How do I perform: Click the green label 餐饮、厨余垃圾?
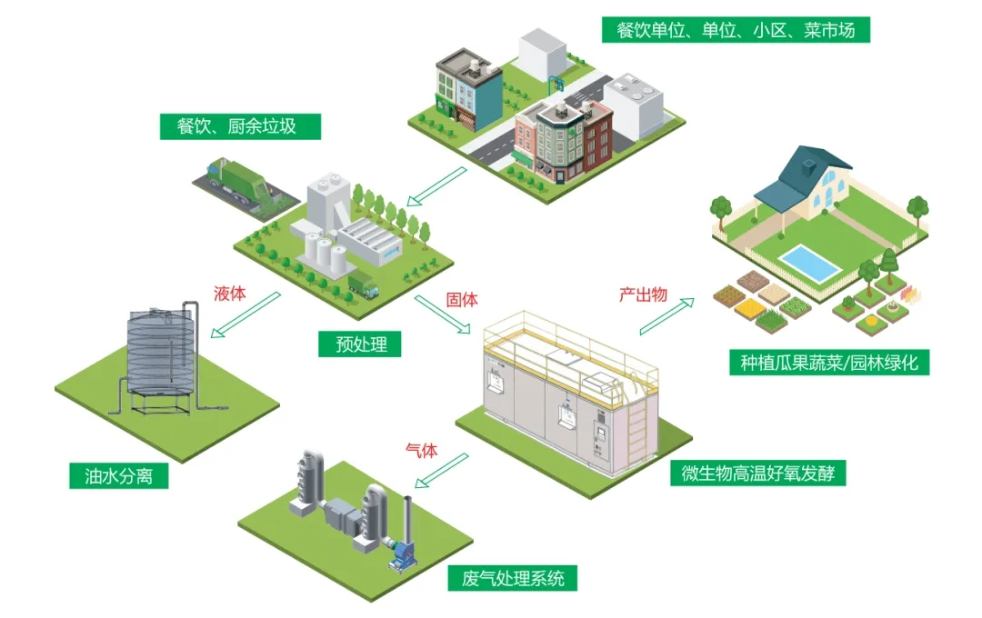pyautogui.click(x=240, y=125)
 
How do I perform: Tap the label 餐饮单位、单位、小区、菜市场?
pyautogui.click(x=736, y=29)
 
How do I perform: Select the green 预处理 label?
pyautogui.click(x=360, y=344)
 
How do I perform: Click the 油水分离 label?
pyautogui.click(x=119, y=475)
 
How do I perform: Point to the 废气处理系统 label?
pyautogui.click(x=513, y=577)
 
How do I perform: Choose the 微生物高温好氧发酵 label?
pyautogui.click(x=758, y=473)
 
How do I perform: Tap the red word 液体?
pyautogui.click(x=230, y=294)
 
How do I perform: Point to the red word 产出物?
pyautogui.click(x=643, y=294)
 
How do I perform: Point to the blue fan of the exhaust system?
pyautogui.click(x=400, y=553)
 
